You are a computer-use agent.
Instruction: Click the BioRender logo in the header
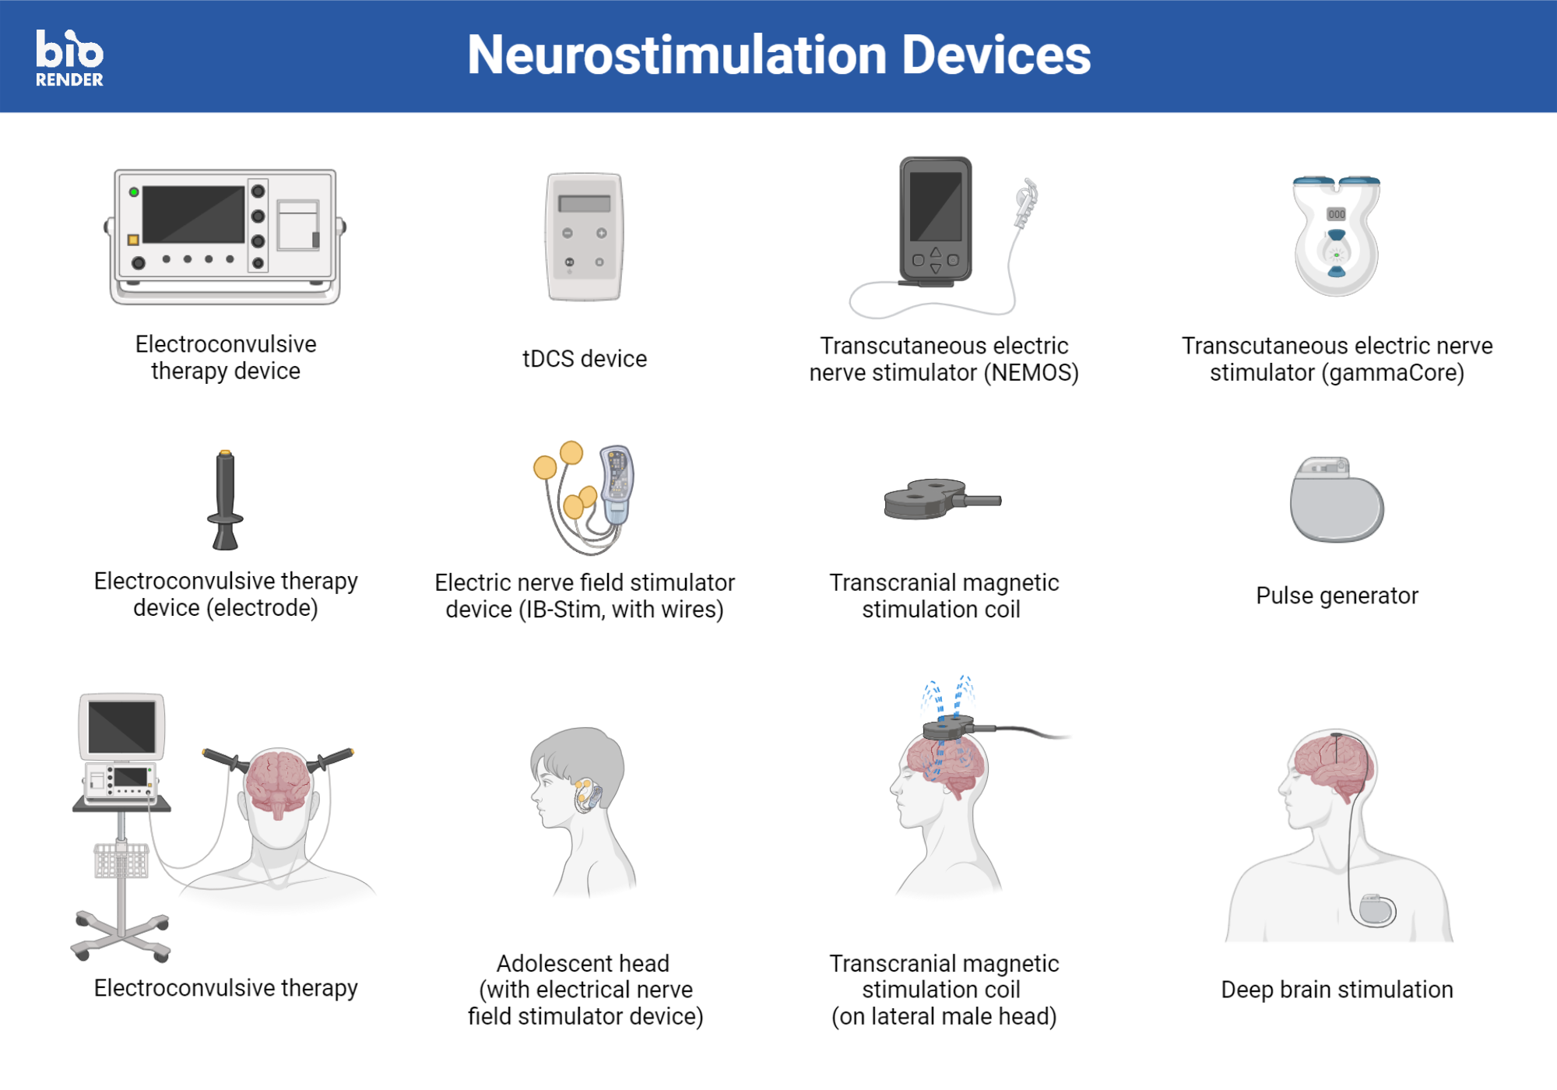(69, 58)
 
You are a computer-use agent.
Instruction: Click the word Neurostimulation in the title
(677, 55)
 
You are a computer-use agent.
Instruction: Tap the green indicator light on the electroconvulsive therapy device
(134, 192)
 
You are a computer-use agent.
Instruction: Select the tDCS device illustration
(585, 237)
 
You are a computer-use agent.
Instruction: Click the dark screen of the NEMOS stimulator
(935, 206)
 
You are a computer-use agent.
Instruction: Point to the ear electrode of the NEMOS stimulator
(1026, 202)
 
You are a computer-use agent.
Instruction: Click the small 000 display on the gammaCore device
(1336, 214)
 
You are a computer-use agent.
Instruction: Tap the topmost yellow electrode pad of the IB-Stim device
(571, 452)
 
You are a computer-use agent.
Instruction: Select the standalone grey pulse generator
(1336, 500)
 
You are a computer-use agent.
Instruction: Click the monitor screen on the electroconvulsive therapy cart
(121, 726)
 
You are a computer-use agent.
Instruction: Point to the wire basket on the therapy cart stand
(121, 860)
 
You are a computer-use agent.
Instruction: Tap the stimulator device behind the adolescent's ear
(585, 794)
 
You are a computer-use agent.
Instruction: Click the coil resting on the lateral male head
(947, 728)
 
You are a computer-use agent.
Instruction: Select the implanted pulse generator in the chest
(1376, 909)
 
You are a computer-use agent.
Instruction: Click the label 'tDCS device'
(585, 359)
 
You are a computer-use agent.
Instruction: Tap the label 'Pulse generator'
(1337, 596)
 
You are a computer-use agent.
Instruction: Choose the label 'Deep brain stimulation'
(1337, 990)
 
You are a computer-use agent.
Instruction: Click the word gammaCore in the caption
(1392, 373)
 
